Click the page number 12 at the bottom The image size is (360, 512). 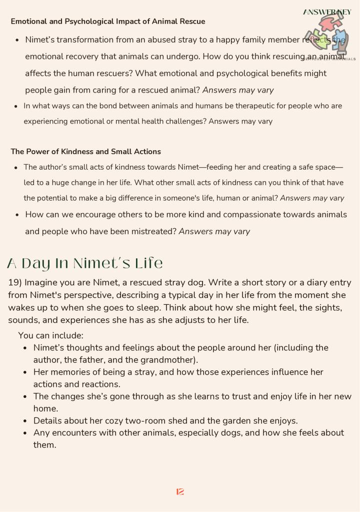tap(180, 492)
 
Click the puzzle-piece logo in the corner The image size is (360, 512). tap(327, 36)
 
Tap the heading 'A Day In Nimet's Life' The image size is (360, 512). tap(85, 263)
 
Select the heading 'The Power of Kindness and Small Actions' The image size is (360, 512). tap(85, 151)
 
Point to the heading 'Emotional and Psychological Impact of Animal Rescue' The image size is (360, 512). tap(107, 22)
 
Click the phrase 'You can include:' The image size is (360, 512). tap(50, 335)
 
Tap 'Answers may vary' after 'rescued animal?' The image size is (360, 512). tap(238, 91)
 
